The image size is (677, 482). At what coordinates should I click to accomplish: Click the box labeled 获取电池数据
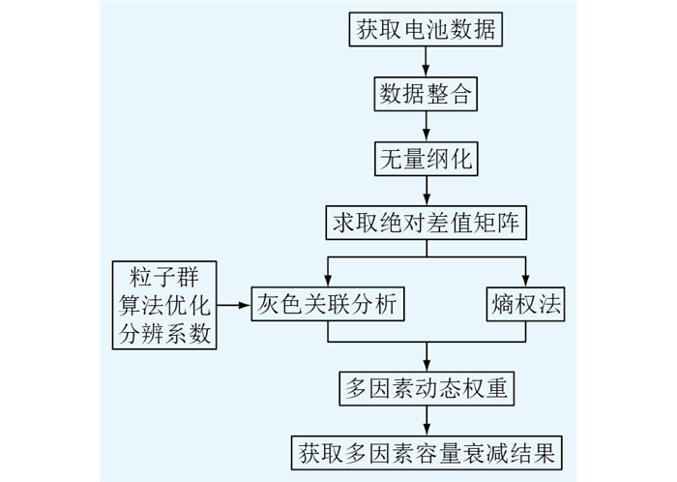coord(426,29)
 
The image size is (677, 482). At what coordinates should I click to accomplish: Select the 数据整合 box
coord(426,94)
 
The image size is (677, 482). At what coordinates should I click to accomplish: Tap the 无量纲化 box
coord(427,159)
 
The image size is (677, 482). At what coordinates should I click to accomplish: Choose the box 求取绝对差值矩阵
coord(427,223)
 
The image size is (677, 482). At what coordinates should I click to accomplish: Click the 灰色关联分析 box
coord(328,304)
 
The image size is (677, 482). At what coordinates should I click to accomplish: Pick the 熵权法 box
coord(525,304)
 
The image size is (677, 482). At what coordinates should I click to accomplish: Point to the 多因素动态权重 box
coord(427,388)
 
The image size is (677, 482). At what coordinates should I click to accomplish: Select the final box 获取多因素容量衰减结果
coord(427,453)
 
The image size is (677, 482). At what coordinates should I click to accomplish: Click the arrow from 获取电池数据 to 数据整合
coord(427,61)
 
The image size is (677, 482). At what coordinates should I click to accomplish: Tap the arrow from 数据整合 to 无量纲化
coord(427,126)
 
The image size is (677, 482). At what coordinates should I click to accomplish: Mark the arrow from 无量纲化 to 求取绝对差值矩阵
coord(427,191)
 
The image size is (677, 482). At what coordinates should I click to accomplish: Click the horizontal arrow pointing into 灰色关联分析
coord(234,305)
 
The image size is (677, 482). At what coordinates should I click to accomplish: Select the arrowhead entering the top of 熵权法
coord(525,281)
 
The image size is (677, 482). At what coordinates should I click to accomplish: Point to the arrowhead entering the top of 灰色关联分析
coord(328,281)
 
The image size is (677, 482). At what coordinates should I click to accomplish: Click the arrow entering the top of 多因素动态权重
coord(427,357)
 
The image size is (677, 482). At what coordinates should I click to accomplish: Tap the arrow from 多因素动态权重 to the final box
coord(427,421)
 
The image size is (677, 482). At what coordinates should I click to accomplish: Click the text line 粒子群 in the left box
coord(164,277)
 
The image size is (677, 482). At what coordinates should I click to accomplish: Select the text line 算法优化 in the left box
coord(164,305)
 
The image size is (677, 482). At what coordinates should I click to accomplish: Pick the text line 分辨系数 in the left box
coord(164,333)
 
